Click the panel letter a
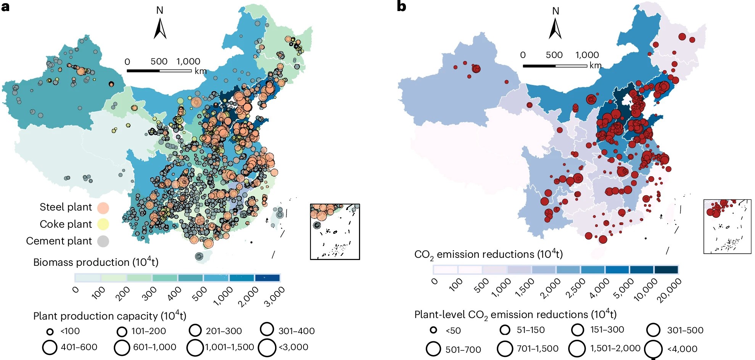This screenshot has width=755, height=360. tap(5, 6)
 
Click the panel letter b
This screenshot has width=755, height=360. tap(401, 6)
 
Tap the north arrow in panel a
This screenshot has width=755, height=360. tap(160, 28)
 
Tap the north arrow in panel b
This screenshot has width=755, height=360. tap(555, 28)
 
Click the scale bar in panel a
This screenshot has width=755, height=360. tap(159, 71)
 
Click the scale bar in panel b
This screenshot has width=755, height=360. tap(555, 66)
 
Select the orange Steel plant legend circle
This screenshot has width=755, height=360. tap(103, 208)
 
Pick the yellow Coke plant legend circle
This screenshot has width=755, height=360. tap(103, 224)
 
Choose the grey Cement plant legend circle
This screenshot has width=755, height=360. tap(103, 241)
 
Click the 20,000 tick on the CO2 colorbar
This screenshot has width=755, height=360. tap(669, 291)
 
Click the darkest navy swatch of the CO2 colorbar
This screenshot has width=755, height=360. tap(666, 270)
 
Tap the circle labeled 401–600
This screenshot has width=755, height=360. tap(50, 347)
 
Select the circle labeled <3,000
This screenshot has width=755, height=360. tap(267, 347)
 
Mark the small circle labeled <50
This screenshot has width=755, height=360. tap(433, 330)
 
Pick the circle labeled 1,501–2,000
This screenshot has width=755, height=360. tap(577, 349)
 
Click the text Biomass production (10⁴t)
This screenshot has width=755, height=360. tap(95, 262)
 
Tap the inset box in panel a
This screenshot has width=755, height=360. tap(335, 232)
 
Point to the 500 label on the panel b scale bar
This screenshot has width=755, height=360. tap(554, 55)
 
